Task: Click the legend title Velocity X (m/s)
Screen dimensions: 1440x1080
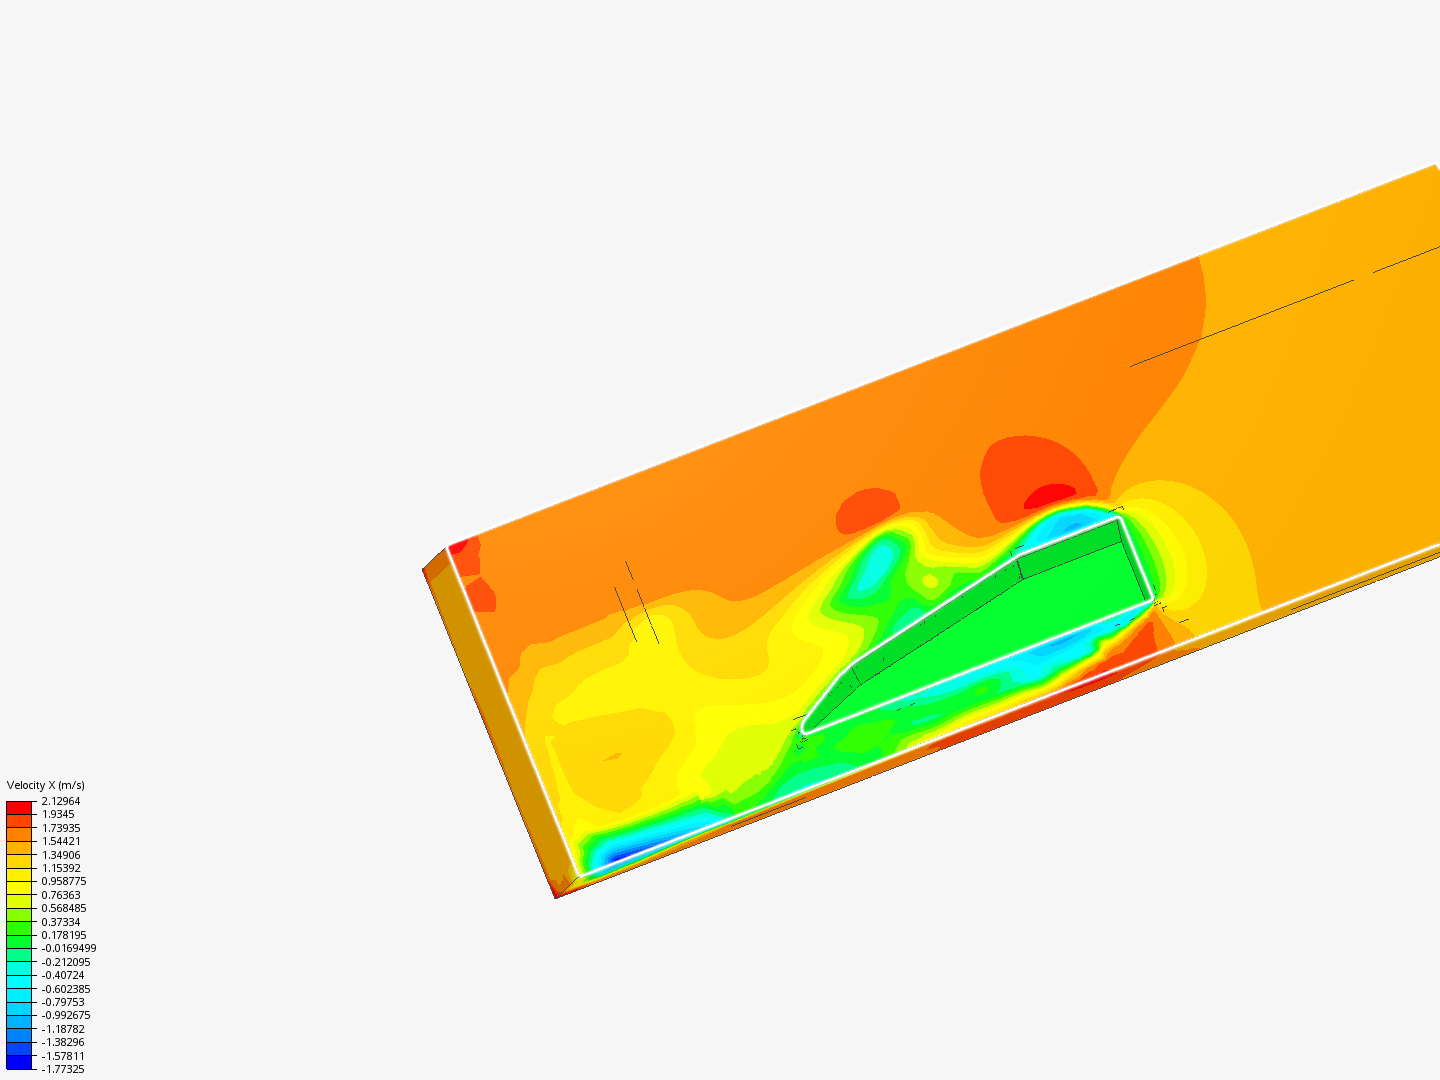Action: tap(45, 785)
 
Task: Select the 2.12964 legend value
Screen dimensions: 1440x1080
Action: tap(60, 801)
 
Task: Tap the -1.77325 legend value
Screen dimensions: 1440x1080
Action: tap(62, 1069)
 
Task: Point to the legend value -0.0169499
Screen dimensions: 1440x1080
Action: tap(68, 948)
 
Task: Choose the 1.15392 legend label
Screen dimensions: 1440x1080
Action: tap(60, 868)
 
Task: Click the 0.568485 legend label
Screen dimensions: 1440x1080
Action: tap(64, 908)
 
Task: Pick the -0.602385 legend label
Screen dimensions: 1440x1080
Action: tap(66, 989)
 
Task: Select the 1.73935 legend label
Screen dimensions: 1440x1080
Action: tap(60, 828)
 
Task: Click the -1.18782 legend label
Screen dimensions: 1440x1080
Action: tap(62, 1029)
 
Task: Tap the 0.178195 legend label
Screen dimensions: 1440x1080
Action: tap(64, 935)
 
